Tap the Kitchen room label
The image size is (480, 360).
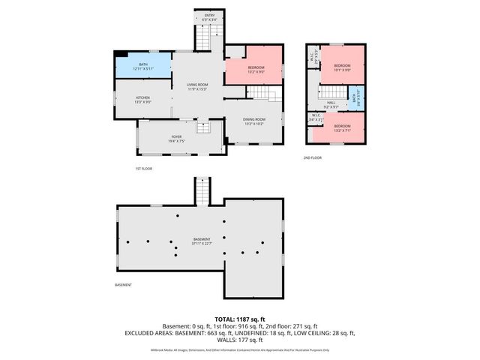pos(143,99)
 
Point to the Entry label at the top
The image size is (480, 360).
pos(209,16)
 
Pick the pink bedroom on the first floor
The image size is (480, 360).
pos(255,70)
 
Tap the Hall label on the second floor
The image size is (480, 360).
pos(331,104)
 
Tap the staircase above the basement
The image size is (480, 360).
pos(202,189)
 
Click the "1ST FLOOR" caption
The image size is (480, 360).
pos(144,169)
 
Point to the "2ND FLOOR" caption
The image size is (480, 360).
pos(312,157)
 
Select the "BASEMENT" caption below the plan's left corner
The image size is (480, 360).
pos(123,285)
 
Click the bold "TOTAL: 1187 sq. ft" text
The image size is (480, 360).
pos(239,319)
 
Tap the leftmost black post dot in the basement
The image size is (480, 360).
pos(129,241)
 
